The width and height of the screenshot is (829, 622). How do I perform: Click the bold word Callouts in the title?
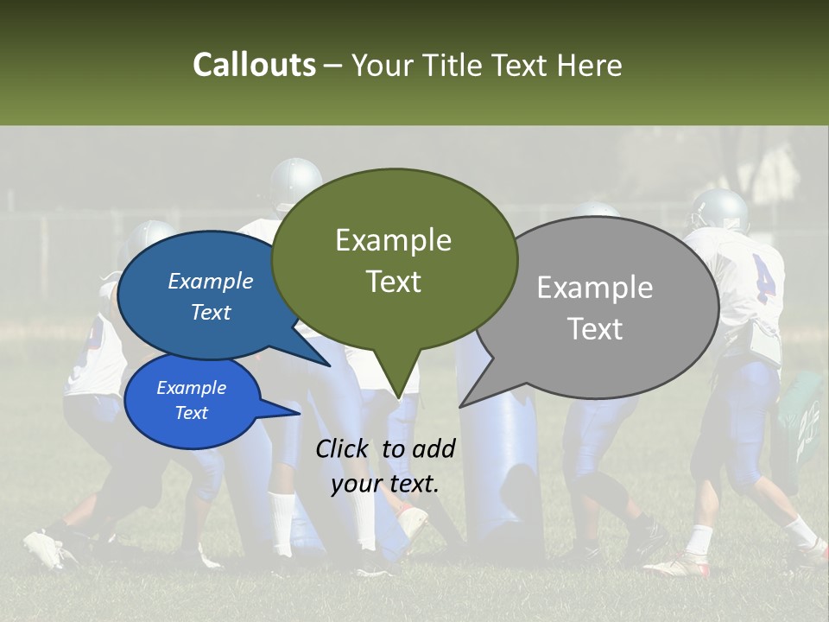coord(254,65)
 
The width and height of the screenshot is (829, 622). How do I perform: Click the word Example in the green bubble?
coord(393,240)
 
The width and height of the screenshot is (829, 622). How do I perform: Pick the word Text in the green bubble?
coord(393,282)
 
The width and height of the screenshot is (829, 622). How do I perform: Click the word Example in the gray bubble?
coord(594,288)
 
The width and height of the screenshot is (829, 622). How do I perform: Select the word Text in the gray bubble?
coord(595,329)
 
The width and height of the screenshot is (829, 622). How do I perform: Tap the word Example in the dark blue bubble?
coord(210,281)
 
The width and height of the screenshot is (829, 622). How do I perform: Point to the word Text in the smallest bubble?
coord(191,413)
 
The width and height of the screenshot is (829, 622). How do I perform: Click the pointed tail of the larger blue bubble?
coord(323,362)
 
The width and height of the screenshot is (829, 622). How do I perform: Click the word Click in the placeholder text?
coord(345,448)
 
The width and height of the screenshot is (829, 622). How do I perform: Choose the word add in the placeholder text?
coord(433,448)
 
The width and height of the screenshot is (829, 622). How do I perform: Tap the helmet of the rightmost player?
coord(718,209)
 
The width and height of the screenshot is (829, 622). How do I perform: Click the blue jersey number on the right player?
coord(763,278)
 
